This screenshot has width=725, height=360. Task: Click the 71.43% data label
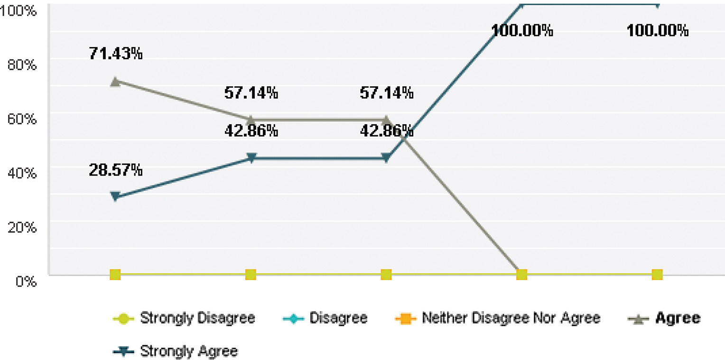coord(115,54)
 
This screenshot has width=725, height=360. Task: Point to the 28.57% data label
coord(115,169)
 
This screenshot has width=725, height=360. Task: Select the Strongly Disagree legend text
coord(197,318)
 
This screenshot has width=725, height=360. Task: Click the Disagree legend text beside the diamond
coord(338,318)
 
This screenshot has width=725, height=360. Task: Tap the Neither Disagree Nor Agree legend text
coord(511,318)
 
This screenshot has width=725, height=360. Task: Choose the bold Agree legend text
coord(678,318)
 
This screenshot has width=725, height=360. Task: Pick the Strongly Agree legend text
coord(189,351)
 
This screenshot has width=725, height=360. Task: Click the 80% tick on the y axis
coord(23,65)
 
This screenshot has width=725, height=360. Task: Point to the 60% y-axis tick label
coord(23,119)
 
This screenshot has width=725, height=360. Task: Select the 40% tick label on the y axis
coord(23,173)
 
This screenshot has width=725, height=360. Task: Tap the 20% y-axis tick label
coord(23,227)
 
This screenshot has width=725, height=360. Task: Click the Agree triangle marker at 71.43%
coord(115,82)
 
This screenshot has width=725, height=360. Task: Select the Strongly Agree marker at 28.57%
coord(115,196)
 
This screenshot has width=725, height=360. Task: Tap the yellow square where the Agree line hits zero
coord(521,274)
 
